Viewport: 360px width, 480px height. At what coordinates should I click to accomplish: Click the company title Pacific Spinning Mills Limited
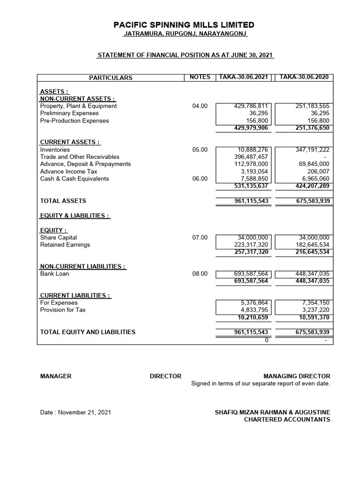(x=185, y=25)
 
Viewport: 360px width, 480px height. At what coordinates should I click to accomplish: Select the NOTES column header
(x=200, y=77)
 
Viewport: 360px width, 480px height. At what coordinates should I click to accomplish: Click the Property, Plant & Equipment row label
(x=78, y=106)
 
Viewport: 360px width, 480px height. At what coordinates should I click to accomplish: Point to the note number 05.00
(x=200, y=150)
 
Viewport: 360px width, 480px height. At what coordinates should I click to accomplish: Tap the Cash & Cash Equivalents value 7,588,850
(x=254, y=179)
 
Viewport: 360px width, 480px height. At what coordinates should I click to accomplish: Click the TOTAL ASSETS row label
(x=63, y=201)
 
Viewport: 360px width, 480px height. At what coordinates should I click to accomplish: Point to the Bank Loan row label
(x=54, y=274)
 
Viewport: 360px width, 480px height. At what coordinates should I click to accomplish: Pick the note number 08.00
(x=200, y=274)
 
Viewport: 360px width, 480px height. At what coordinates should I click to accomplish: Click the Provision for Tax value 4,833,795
(x=254, y=310)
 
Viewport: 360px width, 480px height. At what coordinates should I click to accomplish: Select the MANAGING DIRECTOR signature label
(x=297, y=376)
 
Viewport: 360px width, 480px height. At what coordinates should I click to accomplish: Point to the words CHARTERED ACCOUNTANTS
(x=287, y=420)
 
